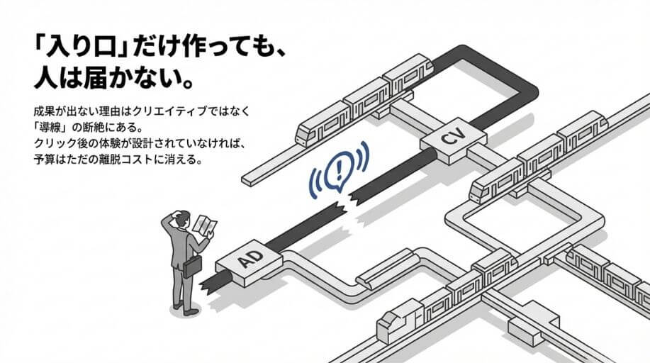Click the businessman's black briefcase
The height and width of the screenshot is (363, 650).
click(x=192, y=266)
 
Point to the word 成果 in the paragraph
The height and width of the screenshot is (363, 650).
click(x=43, y=113)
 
